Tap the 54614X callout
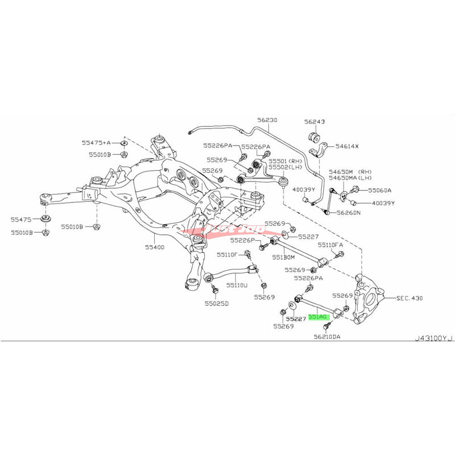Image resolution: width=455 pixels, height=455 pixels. point(347,147)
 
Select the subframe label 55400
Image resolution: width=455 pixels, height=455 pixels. point(154,248)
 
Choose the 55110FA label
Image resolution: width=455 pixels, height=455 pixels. point(330,245)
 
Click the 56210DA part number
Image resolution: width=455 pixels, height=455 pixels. point(330,337)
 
